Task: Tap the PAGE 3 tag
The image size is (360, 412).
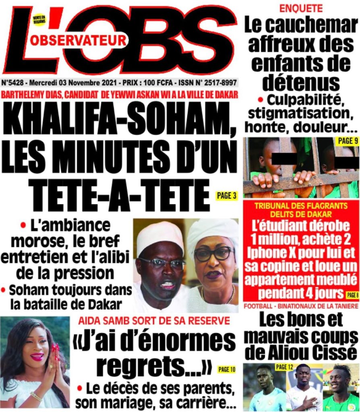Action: point(226,196)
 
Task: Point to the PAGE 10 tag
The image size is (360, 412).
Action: point(228,369)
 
